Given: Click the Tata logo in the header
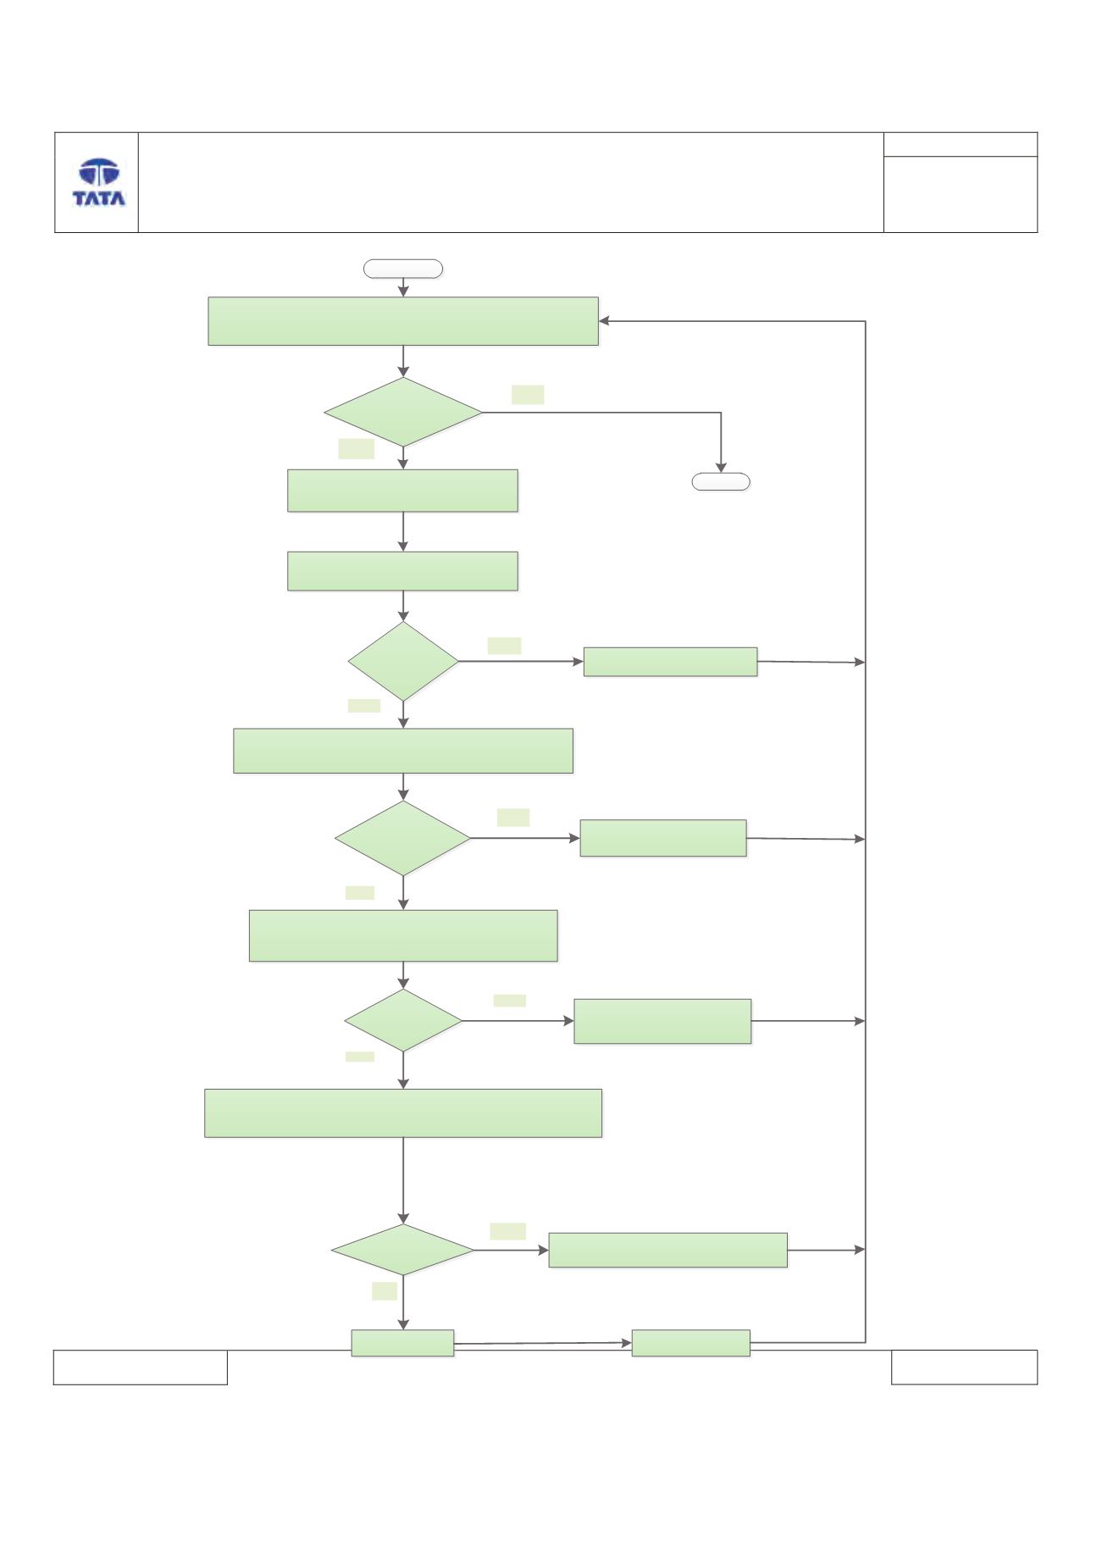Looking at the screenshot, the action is (99, 182).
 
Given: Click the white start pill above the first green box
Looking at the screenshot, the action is (403, 269).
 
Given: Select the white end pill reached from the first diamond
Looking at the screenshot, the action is (721, 482).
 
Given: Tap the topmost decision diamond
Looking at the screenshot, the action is (403, 412).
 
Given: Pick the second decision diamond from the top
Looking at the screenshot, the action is (403, 661).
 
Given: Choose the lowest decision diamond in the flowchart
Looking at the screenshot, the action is (402, 1250).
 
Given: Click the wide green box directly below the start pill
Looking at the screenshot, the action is (403, 321).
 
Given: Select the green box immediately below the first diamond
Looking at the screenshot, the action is (402, 491).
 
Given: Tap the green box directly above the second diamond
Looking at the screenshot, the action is (402, 571).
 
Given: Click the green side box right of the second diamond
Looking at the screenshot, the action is (670, 662).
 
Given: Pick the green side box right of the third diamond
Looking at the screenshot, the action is (663, 838).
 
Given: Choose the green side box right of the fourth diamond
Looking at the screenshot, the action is (662, 1021).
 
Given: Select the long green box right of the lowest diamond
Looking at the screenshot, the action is (668, 1250).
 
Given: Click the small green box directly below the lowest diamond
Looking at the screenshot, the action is (402, 1343).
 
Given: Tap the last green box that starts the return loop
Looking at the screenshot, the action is (691, 1343).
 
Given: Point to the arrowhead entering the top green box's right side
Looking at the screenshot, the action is (604, 321).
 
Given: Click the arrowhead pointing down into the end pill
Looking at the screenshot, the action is (721, 468).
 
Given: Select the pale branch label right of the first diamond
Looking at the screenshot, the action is (528, 395).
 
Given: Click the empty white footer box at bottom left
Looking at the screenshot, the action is (141, 1368).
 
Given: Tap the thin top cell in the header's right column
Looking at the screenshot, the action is (961, 144).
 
